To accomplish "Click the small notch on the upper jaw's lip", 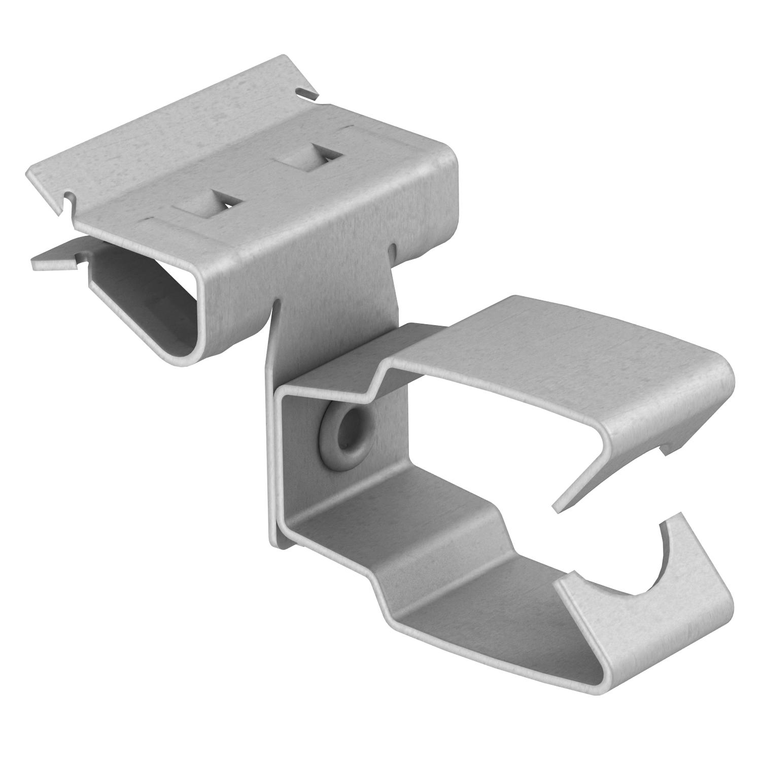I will tap(665, 448).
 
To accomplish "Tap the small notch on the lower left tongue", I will tap(78, 260).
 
